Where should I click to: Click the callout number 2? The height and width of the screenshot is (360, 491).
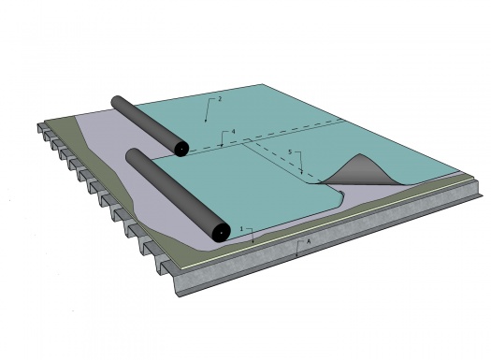tap(220, 99)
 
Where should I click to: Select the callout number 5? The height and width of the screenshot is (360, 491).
tap(290, 151)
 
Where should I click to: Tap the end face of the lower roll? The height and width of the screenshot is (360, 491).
tap(220, 231)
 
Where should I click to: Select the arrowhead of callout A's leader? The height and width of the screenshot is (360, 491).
tap(296, 256)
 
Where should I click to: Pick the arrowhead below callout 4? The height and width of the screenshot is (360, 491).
tap(221, 148)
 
